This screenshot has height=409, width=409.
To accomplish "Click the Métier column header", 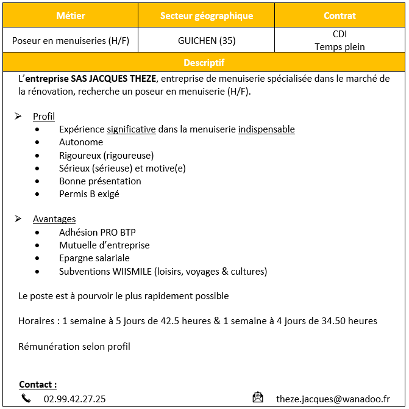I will click(x=70, y=15).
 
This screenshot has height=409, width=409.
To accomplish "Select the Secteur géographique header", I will click(x=207, y=15).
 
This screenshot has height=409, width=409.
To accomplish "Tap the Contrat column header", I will click(x=340, y=15).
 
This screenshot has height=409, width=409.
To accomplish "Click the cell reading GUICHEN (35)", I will click(x=207, y=41).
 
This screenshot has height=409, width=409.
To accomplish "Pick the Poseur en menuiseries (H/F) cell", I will click(x=71, y=41).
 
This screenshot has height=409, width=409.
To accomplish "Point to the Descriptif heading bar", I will click(x=204, y=62).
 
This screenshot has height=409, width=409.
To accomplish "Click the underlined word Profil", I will click(x=44, y=116).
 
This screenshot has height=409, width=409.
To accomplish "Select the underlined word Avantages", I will click(x=54, y=219).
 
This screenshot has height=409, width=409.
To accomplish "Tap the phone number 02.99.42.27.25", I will click(x=74, y=399).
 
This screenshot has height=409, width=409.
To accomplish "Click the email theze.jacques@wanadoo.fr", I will click(x=333, y=399).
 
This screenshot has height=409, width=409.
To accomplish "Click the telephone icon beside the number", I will click(x=26, y=399).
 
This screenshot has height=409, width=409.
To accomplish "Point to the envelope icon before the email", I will click(x=258, y=398).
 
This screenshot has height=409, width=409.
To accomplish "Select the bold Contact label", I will click(x=38, y=385).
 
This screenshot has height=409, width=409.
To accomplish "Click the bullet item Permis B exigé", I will click(x=89, y=194).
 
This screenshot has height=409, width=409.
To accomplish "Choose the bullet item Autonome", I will click(x=81, y=142).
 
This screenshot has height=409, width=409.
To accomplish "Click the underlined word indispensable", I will click(x=266, y=129).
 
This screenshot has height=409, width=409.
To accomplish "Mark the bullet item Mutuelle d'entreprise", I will click(x=104, y=245).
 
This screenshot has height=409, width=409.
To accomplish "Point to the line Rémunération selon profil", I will click(x=74, y=346).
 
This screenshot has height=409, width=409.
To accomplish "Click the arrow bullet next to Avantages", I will click(x=19, y=219).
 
